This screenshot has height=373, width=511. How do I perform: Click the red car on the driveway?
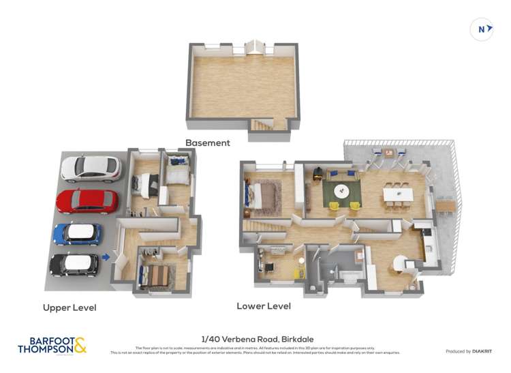87,201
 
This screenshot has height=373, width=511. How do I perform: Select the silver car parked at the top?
90,168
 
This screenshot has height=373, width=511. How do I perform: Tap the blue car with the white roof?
77,233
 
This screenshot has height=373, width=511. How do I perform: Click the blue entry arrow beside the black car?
105,257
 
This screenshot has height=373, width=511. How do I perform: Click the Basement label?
208,143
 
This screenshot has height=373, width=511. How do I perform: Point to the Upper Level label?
69,308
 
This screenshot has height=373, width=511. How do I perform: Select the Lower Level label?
264,306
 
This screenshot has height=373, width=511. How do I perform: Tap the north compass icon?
481,29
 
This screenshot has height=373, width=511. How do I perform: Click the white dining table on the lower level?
398,195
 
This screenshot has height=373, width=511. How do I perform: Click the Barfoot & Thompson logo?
52,345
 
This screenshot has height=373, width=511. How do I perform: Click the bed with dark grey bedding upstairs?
146,183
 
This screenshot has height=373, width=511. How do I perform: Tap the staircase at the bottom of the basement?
261,125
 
